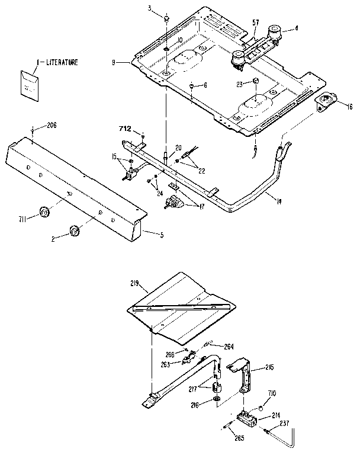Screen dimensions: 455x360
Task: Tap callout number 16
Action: tap(350, 107)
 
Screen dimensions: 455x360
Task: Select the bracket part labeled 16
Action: tap(326, 101)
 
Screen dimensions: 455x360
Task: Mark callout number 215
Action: tap(269, 367)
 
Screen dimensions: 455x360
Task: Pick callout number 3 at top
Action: tap(150, 7)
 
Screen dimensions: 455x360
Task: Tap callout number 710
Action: tap(272, 392)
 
